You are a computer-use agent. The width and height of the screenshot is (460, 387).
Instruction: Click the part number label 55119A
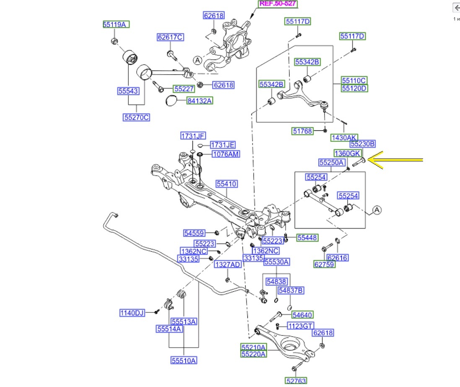pyautogui.click(x=116, y=24)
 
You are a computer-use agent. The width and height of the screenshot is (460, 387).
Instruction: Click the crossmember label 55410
pyautogui.click(x=227, y=184)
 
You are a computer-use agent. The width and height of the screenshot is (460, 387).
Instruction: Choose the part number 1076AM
pyautogui.click(x=226, y=154)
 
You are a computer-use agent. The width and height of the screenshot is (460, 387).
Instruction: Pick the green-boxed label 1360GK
pyautogui.click(x=348, y=153)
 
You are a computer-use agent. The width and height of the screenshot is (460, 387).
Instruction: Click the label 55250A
pyautogui.click(x=332, y=162)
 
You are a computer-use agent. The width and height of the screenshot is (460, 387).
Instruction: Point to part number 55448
pyautogui.click(x=308, y=238)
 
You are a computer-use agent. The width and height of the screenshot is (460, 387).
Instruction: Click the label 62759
pyautogui.click(x=325, y=264)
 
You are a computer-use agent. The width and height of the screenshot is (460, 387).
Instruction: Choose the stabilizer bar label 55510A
pyautogui.click(x=184, y=360)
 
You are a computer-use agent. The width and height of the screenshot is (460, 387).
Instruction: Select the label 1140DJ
pyautogui.click(x=132, y=313)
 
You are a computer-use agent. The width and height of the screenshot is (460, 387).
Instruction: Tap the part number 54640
pyautogui.click(x=302, y=315)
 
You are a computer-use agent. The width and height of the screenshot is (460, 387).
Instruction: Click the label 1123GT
pyautogui.click(x=300, y=326)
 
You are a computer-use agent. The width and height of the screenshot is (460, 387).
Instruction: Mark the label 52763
pyautogui.click(x=296, y=381)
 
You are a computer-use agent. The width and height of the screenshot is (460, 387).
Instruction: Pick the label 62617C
pyautogui.click(x=170, y=37)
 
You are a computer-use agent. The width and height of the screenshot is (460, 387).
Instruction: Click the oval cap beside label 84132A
pyautogui.click(x=171, y=101)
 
